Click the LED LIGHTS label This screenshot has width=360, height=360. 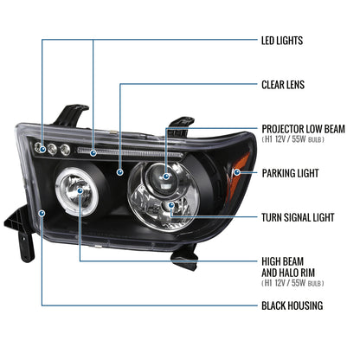tap(282, 41)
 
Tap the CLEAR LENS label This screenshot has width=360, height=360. tap(283, 85)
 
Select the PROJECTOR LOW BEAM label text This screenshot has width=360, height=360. tap(303, 129)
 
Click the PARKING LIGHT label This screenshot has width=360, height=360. tap(290, 173)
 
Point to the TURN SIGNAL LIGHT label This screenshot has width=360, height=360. tap(298, 217)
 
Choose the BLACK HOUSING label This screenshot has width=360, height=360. tap(292, 305)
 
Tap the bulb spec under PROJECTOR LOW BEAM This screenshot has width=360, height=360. tap(292, 139)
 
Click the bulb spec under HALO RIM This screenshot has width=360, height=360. tap(292, 283)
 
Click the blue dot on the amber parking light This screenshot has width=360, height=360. tap(237, 172)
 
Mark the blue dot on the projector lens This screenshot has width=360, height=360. tap(166, 177)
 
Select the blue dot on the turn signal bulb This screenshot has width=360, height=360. tap(171, 205)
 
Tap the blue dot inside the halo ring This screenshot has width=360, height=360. tap(80, 190)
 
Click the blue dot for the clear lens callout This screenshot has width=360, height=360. tap(120, 172)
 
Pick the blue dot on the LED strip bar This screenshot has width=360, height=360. tap(93, 152)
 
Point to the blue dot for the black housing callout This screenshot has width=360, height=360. tap(42, 213)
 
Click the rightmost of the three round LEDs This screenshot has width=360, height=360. tap(65, 149)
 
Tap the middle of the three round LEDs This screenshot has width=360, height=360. tap(52, 149)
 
